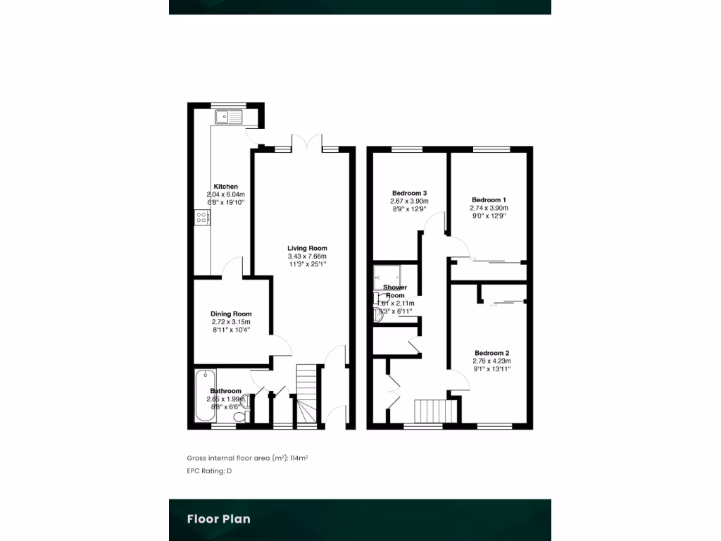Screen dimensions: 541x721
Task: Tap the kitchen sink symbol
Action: click(228, 116)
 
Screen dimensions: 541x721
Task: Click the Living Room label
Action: click(307, 248)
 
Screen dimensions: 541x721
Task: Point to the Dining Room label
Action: click(231, 314)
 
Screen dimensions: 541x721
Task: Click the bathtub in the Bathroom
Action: click(203, 396)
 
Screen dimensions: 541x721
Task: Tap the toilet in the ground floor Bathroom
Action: click(239, 417)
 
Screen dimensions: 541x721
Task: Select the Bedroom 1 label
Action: click(489, 200)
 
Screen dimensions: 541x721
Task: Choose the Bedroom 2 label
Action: click(491, 353)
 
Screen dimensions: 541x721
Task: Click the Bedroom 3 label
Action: click(409, 193)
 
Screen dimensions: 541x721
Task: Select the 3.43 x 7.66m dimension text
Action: click(307, 256)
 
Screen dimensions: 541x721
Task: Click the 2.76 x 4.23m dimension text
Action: click(491, 361)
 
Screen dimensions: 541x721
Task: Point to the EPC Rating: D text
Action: click(209, 471)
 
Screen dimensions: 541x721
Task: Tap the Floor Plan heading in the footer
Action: click(218, 519)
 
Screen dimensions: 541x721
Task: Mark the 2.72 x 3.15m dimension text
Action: click(231, 322)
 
